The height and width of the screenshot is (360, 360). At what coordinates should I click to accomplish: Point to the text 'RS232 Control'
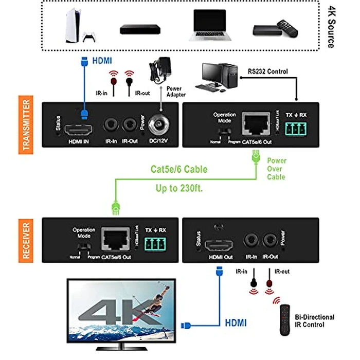tap(267, 71)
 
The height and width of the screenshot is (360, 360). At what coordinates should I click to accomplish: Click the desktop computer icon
tap(219, 78)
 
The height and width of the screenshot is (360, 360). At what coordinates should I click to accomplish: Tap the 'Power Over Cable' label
tap(277, 169)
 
